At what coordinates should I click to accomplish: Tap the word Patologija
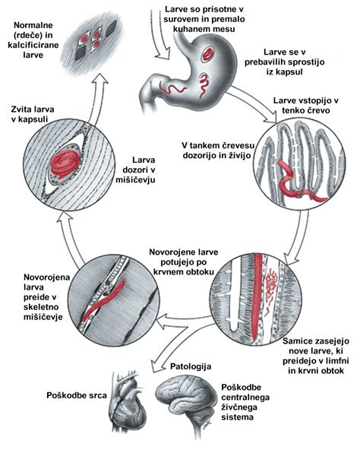[x=191, y=366]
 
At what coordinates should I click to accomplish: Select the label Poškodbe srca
[x=77, y=395]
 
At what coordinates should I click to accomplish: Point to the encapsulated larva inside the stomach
[x=209, y=54]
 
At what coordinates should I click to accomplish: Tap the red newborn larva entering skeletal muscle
[x=103, y=301]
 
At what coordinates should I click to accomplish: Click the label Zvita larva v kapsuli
[x=33, y=114]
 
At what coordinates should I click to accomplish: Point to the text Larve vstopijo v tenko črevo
[x=306, y=106]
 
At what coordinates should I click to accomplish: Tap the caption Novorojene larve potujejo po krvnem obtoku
[x=184, y=261]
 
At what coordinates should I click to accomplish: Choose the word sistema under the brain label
[x=237, y=417]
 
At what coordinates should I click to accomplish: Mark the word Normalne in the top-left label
[x=33, y=25]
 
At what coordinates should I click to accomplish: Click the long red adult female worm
[x=257, y=296]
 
